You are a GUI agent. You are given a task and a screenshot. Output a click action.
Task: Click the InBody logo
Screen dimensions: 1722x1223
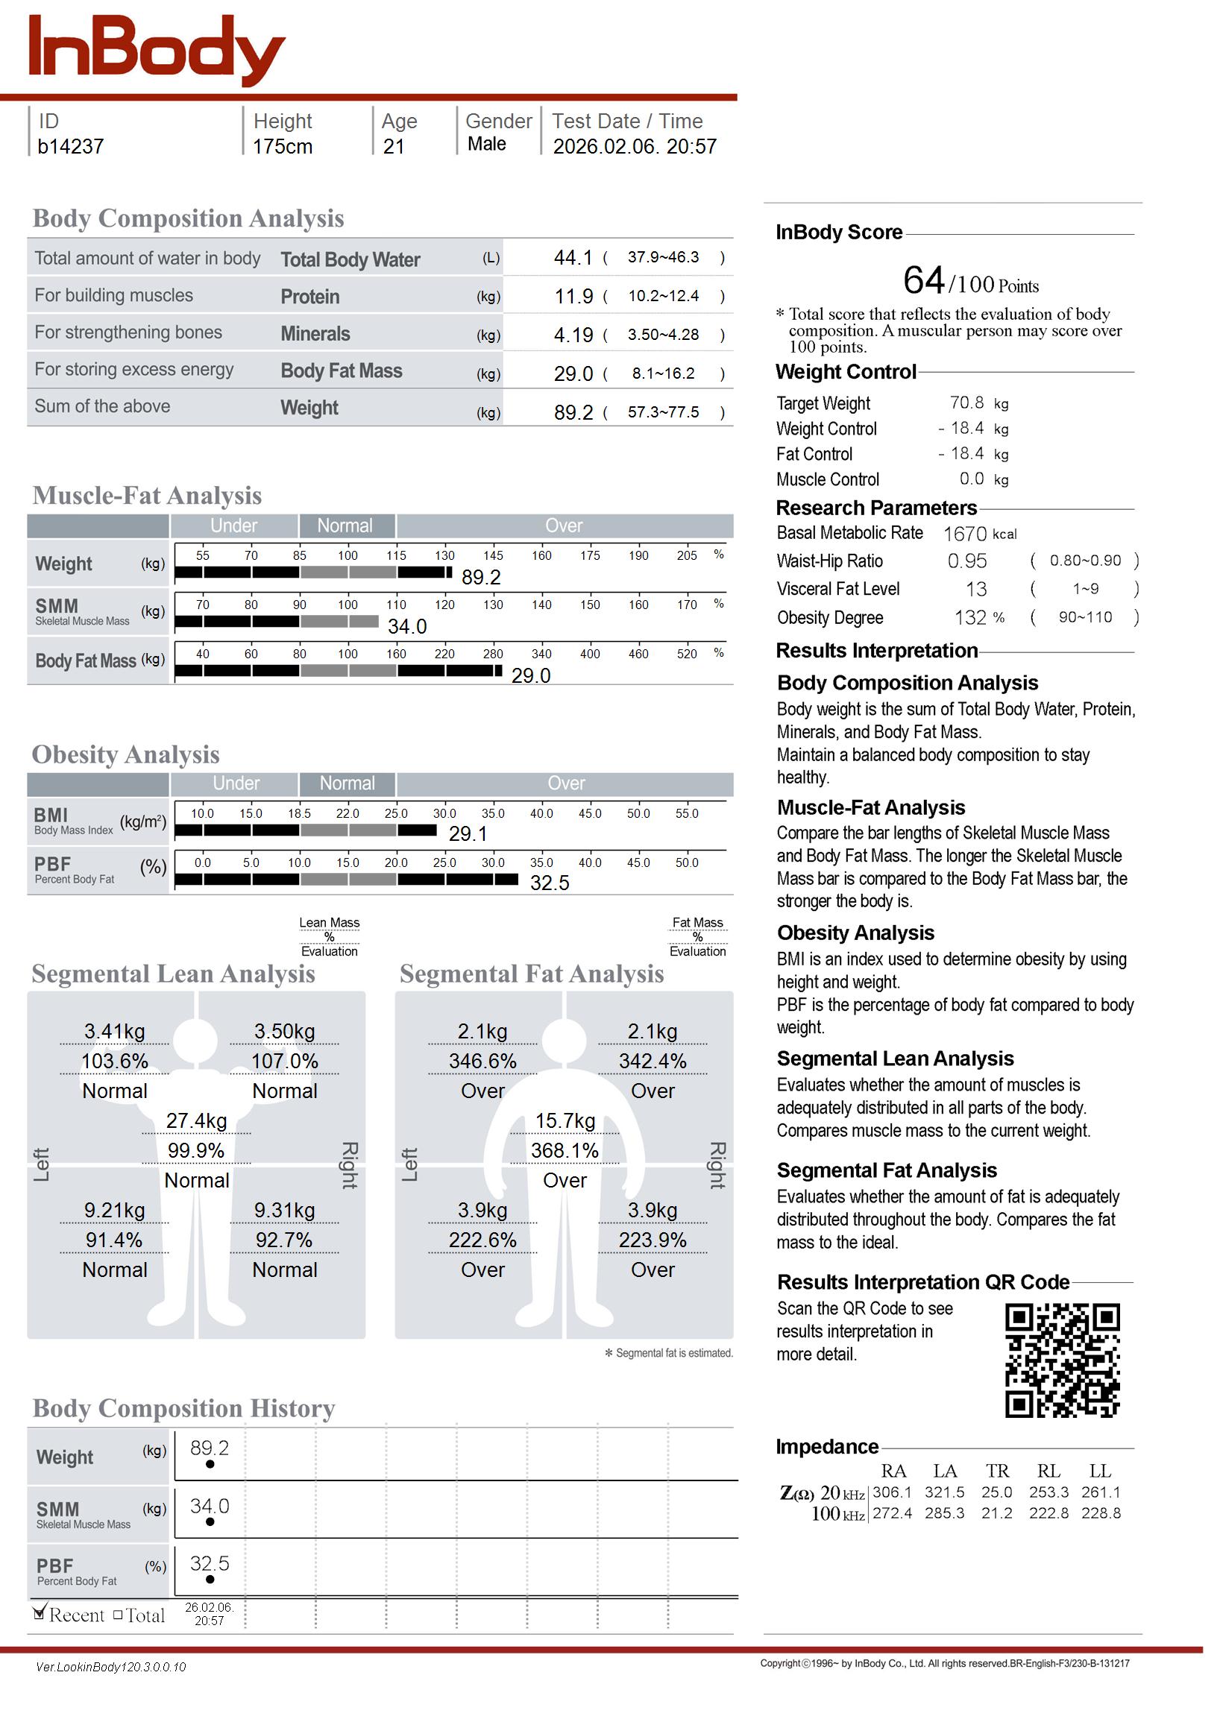tap(156, 49)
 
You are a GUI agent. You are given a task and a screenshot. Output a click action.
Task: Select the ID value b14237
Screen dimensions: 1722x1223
tap(70, 146)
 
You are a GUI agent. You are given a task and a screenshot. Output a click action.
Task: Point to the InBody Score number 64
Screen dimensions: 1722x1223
tap(923, 281)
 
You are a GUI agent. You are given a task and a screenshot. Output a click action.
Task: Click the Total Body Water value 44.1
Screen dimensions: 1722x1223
tap(573, 258)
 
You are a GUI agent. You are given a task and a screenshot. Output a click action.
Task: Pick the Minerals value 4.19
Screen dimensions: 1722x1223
tap(573, 335)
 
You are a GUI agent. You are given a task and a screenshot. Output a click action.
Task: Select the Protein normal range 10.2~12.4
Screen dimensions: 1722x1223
tap(664, 296)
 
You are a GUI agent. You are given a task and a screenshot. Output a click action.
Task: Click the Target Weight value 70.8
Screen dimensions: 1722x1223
tap(966, 403)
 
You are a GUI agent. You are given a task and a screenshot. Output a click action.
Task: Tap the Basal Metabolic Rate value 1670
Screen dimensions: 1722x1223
tap(965, 534)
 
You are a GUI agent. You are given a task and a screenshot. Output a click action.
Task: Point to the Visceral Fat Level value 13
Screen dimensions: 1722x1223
tap(976, 590)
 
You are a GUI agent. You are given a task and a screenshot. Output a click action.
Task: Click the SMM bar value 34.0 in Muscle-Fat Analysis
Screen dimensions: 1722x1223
tap(406, 626)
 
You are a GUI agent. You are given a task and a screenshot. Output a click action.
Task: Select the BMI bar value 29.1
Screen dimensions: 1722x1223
tap(468, 834)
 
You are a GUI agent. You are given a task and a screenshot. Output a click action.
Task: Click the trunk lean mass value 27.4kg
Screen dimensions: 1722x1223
tap(197, 1120)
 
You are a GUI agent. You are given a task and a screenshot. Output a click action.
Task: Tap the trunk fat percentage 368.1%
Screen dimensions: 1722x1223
tap(565, 1151)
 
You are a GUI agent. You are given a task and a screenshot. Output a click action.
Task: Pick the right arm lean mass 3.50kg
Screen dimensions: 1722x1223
tap(284, 1031)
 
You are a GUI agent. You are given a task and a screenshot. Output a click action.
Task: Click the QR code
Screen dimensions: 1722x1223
tap(1062, 1360)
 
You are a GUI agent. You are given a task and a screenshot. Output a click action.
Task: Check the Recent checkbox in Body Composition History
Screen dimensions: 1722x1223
tap(40, 1613)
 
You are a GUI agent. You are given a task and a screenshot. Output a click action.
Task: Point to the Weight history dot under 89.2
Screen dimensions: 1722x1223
tap(210, 1464)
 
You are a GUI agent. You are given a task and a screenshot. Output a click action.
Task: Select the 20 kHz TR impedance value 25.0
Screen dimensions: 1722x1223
tap(997, 1492)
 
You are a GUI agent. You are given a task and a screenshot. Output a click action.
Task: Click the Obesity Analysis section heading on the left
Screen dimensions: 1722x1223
tap(126, 754)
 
